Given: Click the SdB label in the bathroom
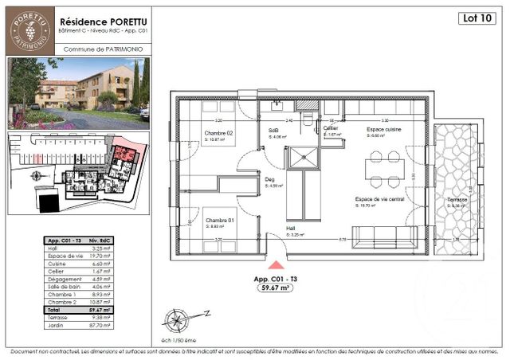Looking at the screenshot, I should point(273,132).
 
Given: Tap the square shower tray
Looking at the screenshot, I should point(300,158).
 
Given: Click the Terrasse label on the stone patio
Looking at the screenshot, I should point(457,199).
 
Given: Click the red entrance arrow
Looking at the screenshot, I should point(276,266).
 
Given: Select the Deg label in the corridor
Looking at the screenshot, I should point(269,180).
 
